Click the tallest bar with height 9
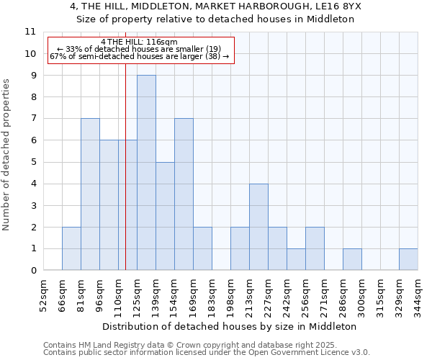(x=146, y=173)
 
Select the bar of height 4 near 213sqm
(x=258, y=227)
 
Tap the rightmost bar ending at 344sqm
(x=408, y=259)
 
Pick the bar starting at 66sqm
(x=71, y=248)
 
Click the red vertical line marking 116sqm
(x=125, y=180)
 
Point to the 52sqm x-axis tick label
(x=44, y=297)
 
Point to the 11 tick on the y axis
(x=30, y=32)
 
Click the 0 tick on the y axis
(x=32, y=271)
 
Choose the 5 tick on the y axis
(x=32, y=162)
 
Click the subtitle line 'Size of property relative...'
(x=216, y=19)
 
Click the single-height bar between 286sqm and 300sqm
(x=352, y=259)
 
